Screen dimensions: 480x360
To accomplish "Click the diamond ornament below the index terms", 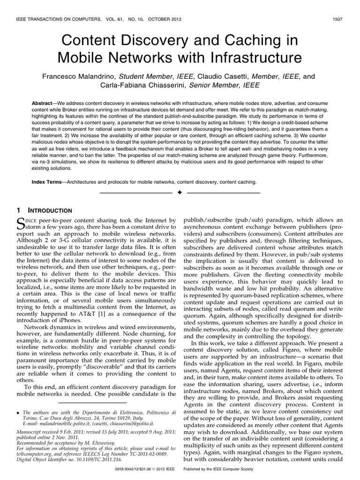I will (180, 193).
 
